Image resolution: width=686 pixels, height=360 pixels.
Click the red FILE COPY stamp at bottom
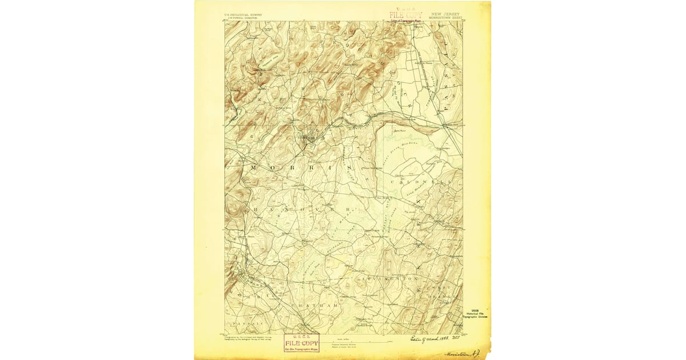pos(301,342)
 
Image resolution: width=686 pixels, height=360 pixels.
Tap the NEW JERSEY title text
pos(446,14)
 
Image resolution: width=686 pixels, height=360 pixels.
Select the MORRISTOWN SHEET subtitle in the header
pos(445,18)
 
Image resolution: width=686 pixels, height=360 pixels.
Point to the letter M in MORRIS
pos(253,167)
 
